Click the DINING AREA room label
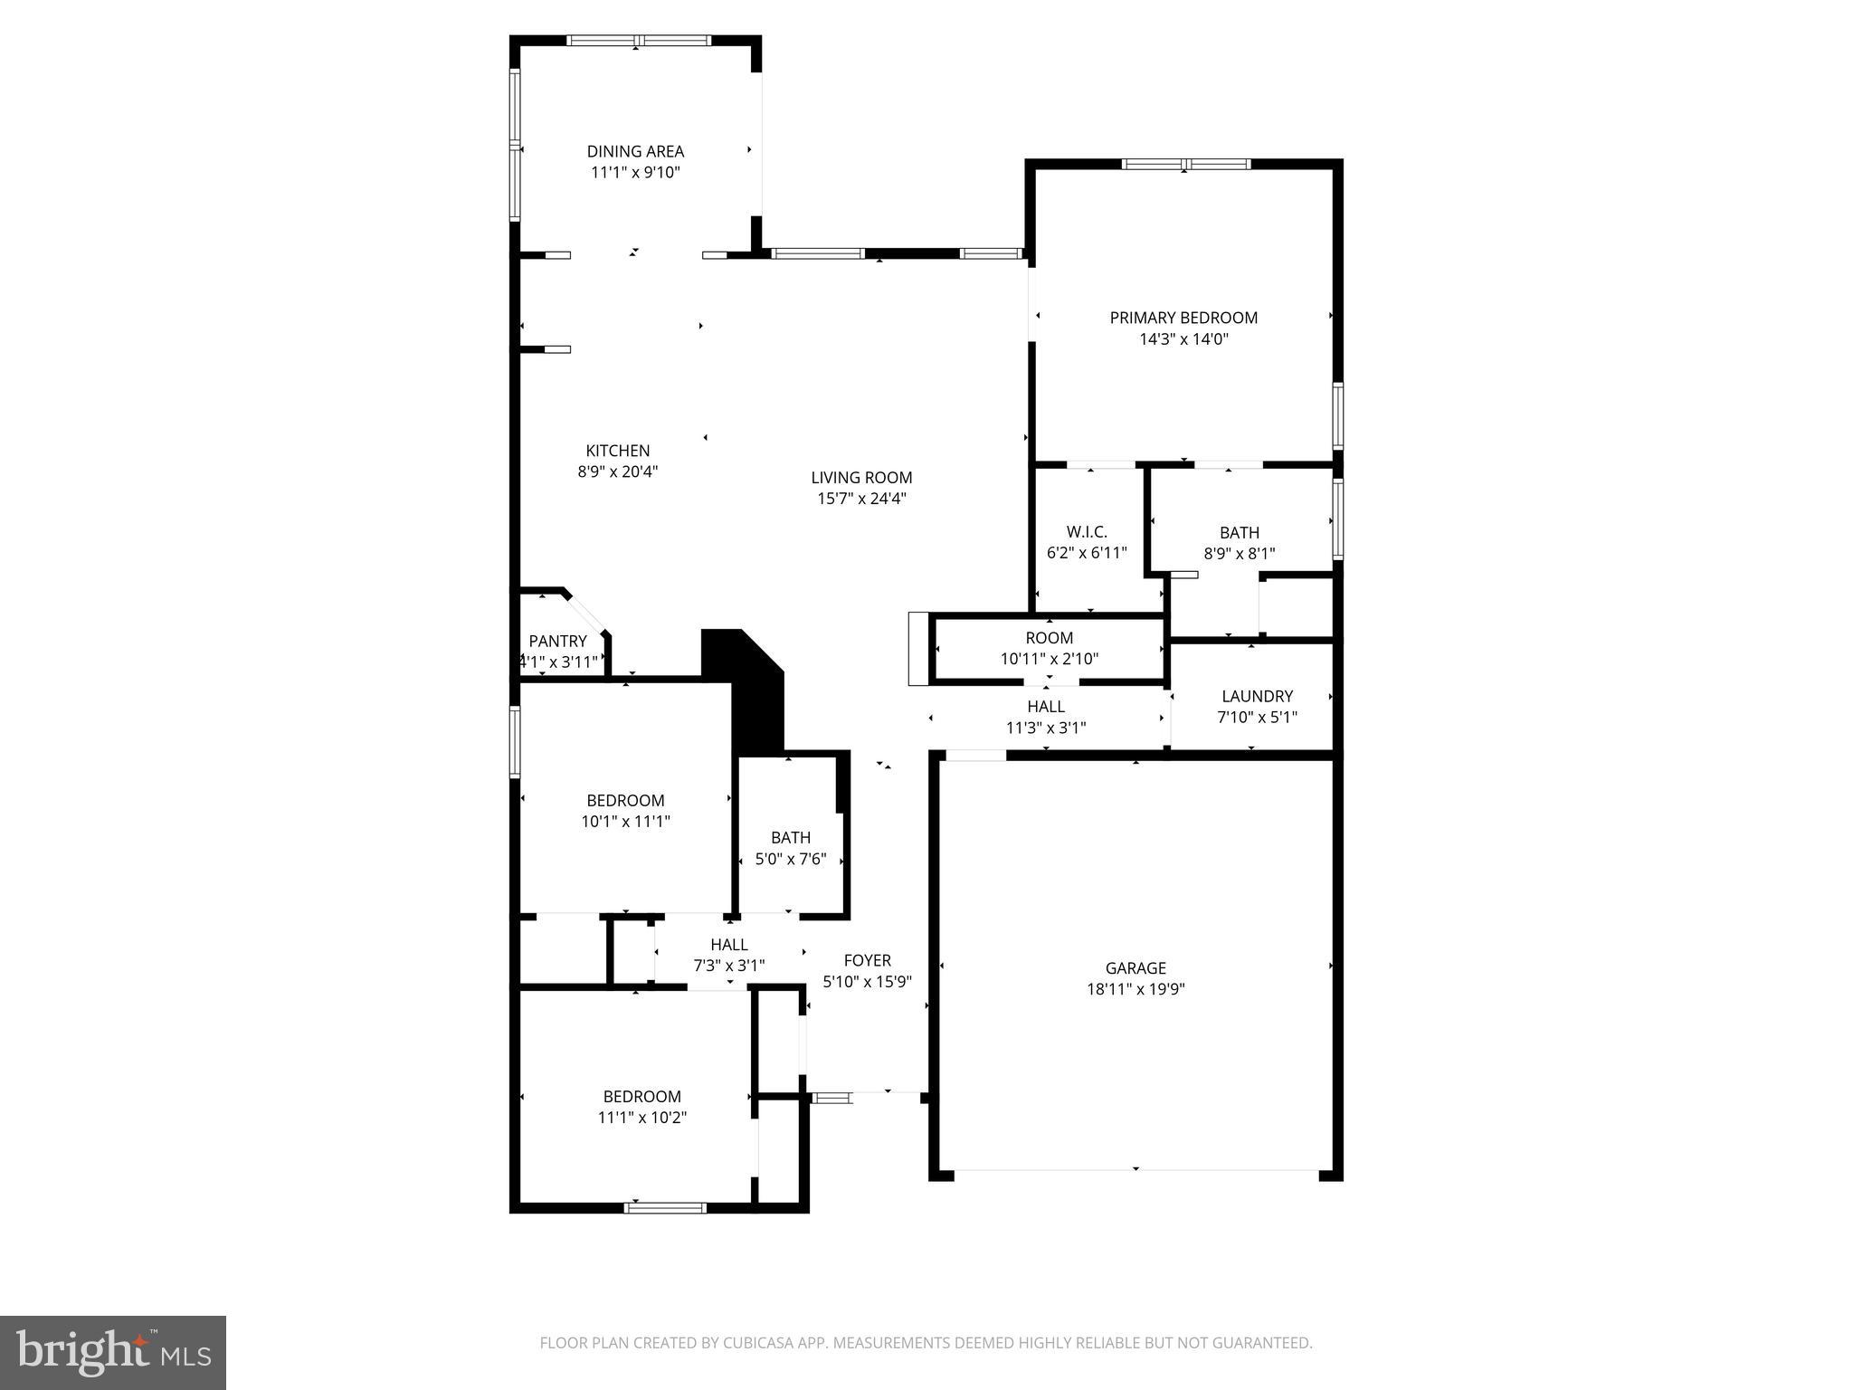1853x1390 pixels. pyautogui.click(x=635, y=151)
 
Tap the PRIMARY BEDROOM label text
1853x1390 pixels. pyautogui.click(x=1183, y=318)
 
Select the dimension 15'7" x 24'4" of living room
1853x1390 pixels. pyautogui.click(x=861, y=499)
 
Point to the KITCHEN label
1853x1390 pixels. pyautogui.click(x=617, y=451)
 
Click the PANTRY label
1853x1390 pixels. pyautogui.click(x=557, y=642)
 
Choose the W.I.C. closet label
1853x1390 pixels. pyautogui.click(x=1087, y=532)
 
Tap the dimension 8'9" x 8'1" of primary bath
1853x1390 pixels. pyautogui.click(x=1239, y=554)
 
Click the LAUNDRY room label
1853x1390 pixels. pyautogui.click(x=1257, y=696)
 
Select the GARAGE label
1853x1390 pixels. pyautogui.click(x=1136, y=968)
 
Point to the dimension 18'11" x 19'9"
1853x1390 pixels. pyautogui.click(x=1136, y=989)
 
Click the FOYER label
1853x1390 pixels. pyautogui.click(x=867, y=960)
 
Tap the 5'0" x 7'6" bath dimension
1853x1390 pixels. pyautogui.click(x=791, y=859)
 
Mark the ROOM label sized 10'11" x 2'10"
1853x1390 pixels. pyautogui.click(x=1050, y=638)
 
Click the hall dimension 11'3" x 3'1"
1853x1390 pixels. pyautogui.click(x=1046, y=728)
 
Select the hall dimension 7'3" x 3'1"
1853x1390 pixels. pyautogui.click(x=728, y=966)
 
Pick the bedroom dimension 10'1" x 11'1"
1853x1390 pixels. pyautogui.click(x=625, y=822)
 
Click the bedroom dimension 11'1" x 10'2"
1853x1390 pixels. pyautogui.click(x=641, y=1118)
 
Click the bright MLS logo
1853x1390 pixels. pyautogui.click(x=113, y=1353)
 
